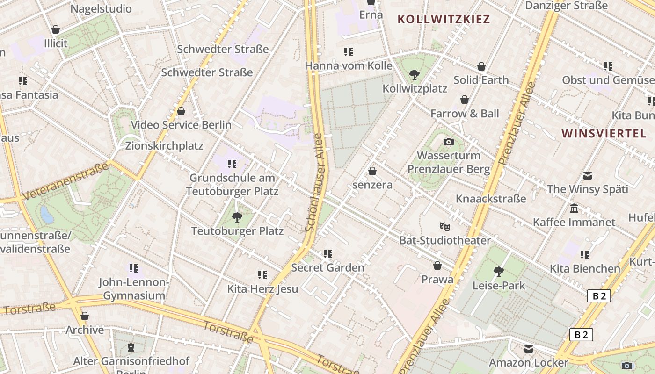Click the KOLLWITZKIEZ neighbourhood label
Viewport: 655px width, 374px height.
(x=443, y=19)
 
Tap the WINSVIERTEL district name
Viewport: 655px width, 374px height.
(x=604, y=133)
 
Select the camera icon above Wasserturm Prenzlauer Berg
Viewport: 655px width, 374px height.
(x=448, y=142)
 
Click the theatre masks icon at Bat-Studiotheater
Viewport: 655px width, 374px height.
(x=444, y=227)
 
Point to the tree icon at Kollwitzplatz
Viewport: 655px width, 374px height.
(x=414, y=74)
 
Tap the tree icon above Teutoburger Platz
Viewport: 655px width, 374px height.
(x=237, y=217)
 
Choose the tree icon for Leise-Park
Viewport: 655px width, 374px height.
(x=499, y=271)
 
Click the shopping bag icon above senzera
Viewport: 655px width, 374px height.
(x=372, y=171)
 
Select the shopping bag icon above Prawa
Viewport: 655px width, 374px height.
(x=437, y=266)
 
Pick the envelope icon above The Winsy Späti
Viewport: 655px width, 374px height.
(x=588, y=176)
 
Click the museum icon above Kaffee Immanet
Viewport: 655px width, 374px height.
(x=574, y=208)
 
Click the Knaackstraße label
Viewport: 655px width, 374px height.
(x=491, y=199)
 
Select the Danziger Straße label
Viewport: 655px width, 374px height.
(x=566, y=6)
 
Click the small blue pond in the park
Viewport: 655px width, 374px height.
(x=47, y=215)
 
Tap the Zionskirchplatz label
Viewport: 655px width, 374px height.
(x=164, y=146)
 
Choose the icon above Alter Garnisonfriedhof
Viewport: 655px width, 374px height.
(x=131, y=347)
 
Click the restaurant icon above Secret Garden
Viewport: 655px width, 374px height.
(x=327, y=254)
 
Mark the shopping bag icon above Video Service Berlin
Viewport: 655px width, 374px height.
(x=181, y=111)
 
